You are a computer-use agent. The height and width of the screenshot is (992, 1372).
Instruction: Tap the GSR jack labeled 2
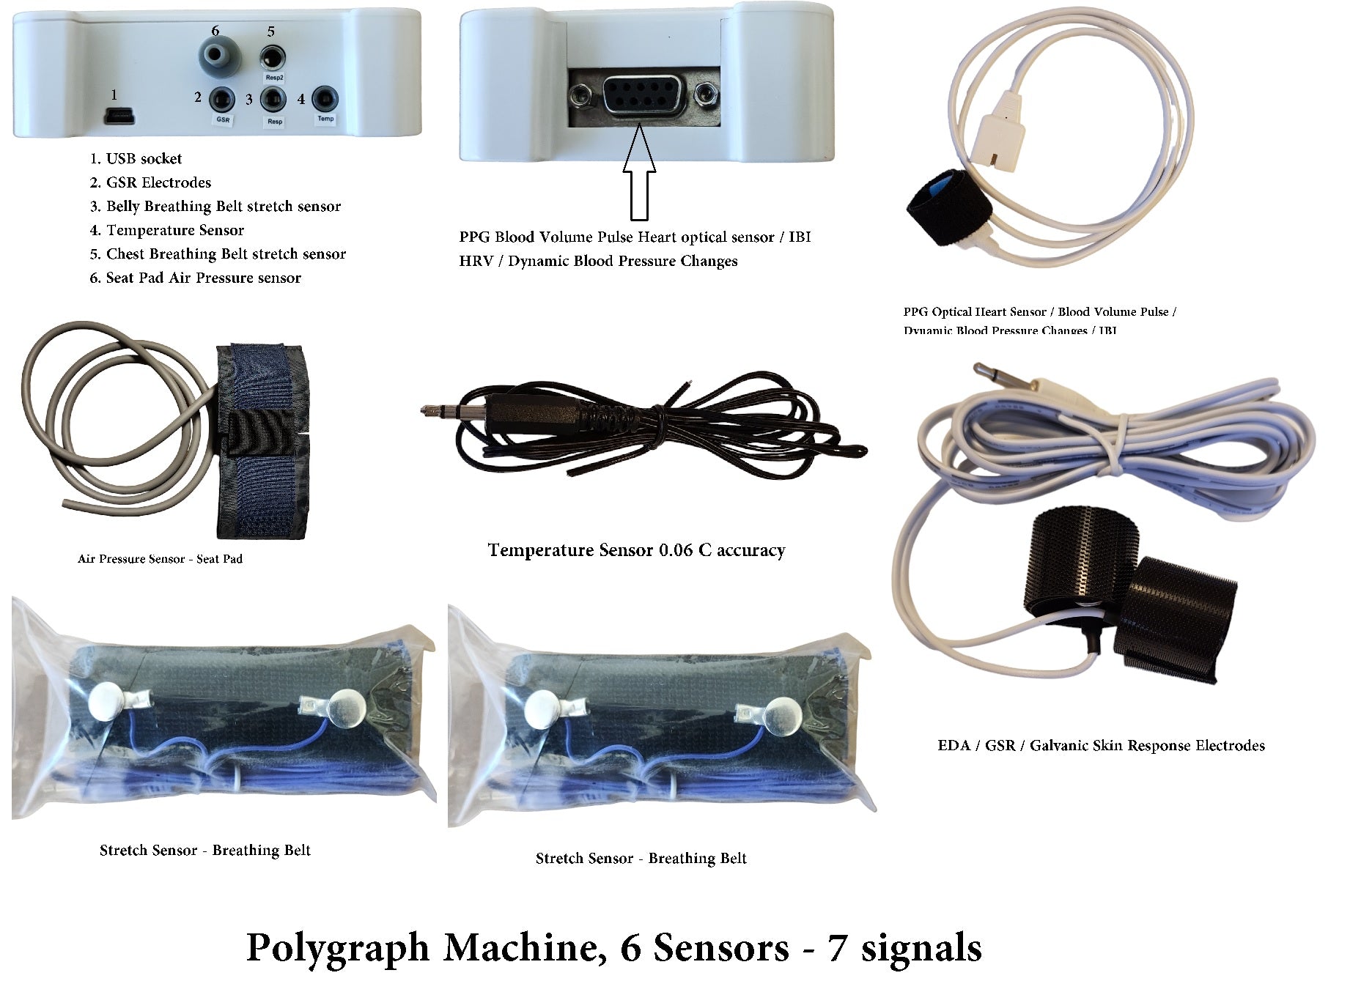(223, 99)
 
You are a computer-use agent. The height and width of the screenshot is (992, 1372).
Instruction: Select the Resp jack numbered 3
(274, 98)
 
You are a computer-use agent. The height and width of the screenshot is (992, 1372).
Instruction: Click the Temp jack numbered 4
(325, 98)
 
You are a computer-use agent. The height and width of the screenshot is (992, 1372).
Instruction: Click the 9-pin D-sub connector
(643, 95)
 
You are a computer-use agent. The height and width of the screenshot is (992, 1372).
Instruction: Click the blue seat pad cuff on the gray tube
(262, 440)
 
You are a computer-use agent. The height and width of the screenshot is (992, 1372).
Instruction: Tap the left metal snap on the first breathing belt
(108, 699)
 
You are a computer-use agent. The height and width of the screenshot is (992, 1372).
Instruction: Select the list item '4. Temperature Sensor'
(167, 230)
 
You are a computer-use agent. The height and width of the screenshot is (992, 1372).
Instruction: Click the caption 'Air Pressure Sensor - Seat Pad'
(160, 559)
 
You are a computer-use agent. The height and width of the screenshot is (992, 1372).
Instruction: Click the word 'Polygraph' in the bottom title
(338, 947)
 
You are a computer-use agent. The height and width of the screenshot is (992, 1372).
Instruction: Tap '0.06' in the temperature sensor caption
(674, 550)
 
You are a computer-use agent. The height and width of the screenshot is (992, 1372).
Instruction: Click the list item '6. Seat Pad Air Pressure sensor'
(195, 278)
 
